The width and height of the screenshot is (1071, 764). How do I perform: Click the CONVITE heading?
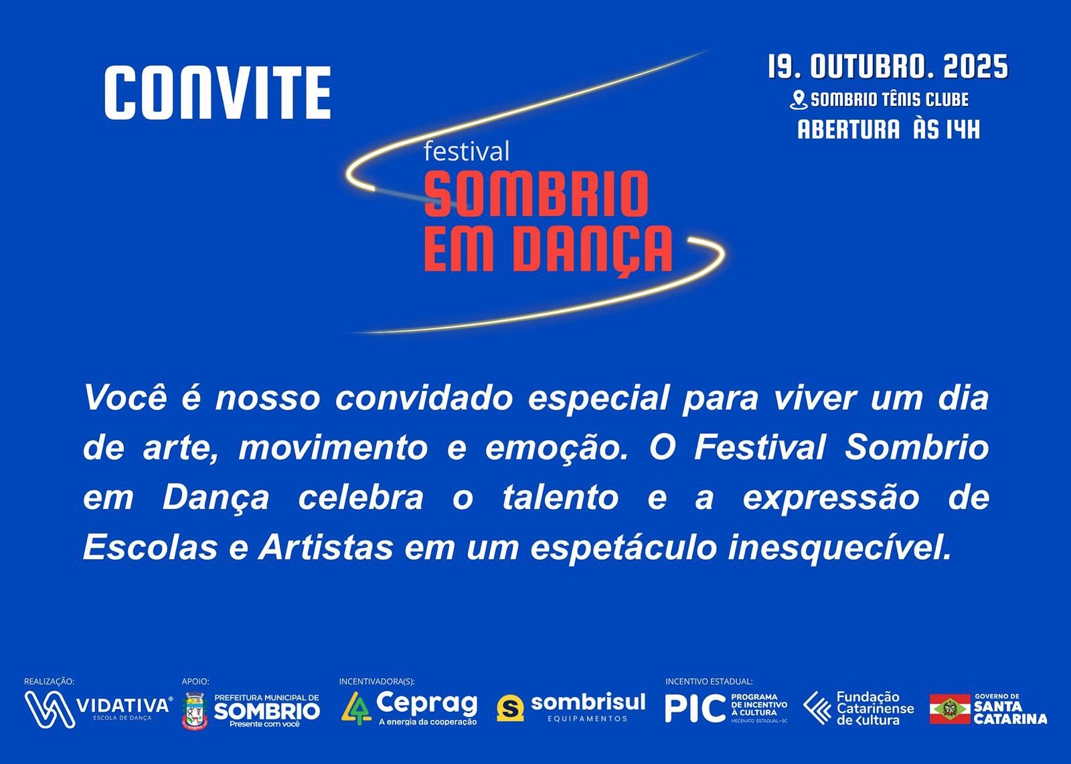coord(218,92)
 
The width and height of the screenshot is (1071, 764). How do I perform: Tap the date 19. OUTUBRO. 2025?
coord(888,66)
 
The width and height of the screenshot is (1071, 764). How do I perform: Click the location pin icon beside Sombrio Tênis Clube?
coord(797,100)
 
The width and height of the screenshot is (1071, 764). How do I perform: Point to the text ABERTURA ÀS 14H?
coord(889,129)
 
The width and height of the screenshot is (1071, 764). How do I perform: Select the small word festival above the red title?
coord(467,151)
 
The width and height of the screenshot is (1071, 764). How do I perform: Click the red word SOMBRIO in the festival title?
coord(536,194)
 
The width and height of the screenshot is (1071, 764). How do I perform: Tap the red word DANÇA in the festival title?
coord(596,250)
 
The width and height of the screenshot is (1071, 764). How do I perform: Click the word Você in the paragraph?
coord(126,398)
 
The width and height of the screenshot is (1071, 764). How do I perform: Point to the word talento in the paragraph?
coord(560,498)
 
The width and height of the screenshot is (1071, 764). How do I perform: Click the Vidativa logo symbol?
coord(50,709)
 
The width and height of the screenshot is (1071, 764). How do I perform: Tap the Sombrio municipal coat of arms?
coord(195,710)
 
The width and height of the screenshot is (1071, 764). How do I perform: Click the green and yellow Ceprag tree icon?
coord(357,708)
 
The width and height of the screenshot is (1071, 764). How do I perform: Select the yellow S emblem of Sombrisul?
coord(510,708)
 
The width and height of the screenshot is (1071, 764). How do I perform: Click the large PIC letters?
coord(695,708)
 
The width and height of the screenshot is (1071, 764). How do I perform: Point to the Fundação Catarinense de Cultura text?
coord(875,708)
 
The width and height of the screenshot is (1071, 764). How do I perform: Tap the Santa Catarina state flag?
coord(950,709)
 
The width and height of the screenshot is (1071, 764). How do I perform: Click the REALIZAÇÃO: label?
coord(50,681)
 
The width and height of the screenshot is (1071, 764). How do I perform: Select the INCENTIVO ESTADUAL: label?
coord(709,681)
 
